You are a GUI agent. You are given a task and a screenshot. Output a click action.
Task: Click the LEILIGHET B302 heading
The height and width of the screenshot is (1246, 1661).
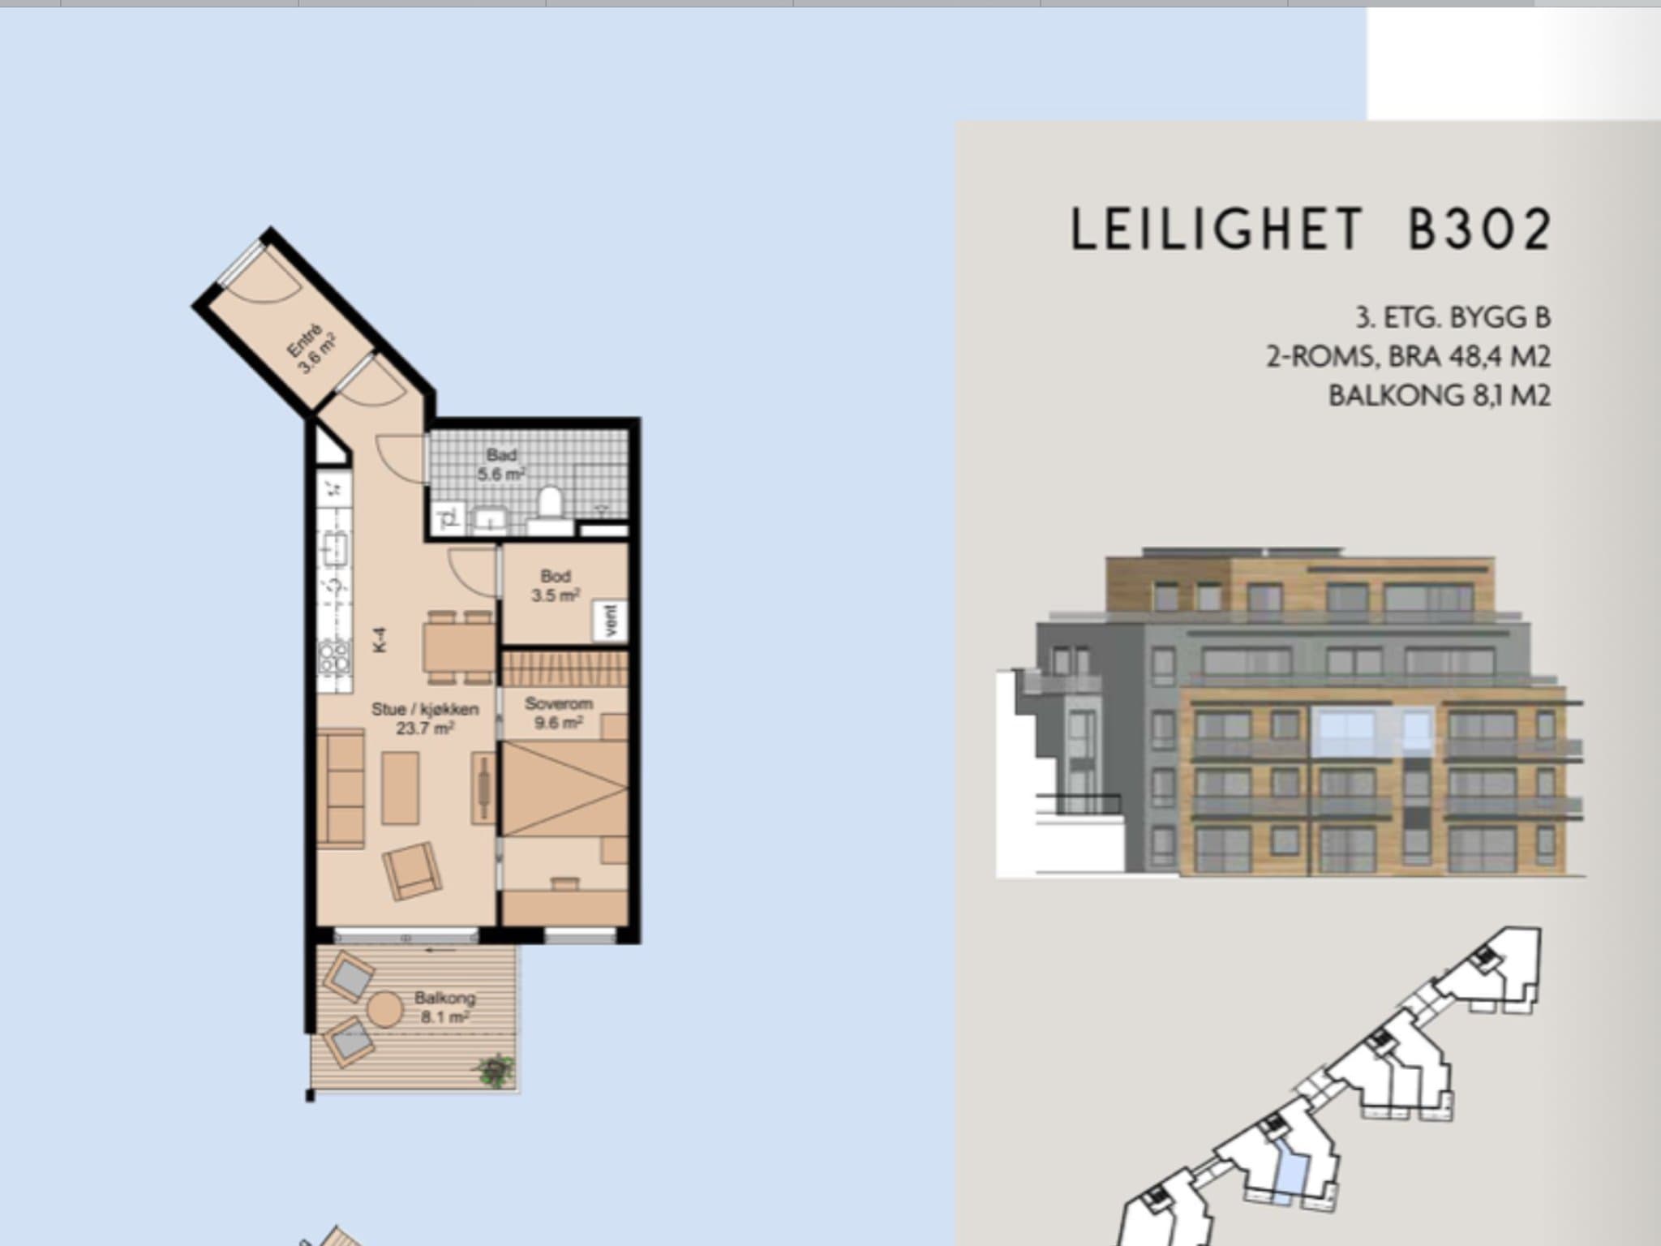(1311, 229)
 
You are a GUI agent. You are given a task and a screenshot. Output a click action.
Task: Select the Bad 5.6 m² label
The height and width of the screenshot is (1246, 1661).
(501, 465)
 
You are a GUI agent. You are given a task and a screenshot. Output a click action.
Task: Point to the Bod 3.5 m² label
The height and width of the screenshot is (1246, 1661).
(555, 586)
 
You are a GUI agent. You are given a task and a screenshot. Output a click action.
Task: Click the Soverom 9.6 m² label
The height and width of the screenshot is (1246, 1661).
(558, 713)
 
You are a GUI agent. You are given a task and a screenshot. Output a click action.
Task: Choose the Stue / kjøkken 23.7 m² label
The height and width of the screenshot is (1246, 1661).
(425, 718)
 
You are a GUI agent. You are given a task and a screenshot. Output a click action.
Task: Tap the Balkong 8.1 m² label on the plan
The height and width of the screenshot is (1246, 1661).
(444, 1007)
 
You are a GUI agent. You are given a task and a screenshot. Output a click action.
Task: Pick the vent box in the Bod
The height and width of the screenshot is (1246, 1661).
(612, 621)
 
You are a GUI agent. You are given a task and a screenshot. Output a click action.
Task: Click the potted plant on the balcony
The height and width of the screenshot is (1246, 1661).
(494, 1070)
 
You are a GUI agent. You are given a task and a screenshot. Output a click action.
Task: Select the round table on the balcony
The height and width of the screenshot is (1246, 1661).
(384, 1008)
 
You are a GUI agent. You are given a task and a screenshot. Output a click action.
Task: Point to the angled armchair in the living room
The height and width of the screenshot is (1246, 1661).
(412, 871)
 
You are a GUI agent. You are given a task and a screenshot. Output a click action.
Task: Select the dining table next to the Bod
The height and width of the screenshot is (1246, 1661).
(459, 647)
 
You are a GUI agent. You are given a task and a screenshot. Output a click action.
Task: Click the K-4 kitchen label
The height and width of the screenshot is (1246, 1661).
(380, 640)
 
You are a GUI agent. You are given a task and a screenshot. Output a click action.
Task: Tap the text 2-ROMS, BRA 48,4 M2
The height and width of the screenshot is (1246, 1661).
(1409, 356)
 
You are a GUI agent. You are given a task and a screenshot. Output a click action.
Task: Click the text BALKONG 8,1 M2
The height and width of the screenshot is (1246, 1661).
(1440, 395)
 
